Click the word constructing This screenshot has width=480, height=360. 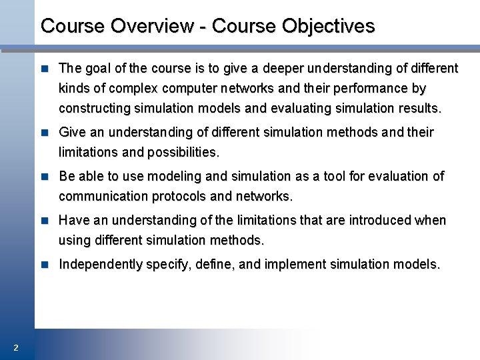[x=94, y=108]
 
